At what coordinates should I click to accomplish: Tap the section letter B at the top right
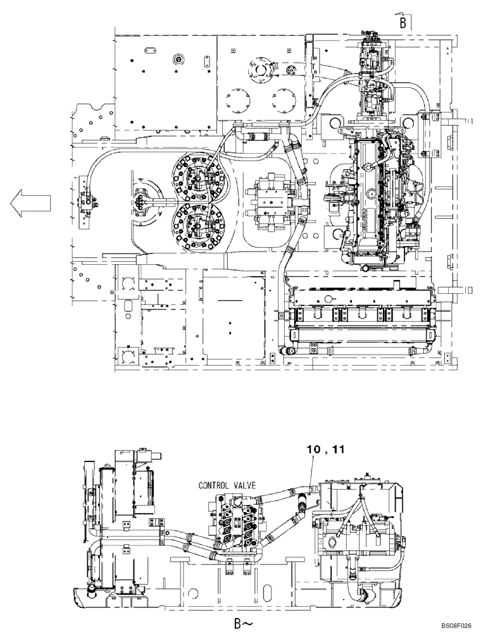[x=402, y=22]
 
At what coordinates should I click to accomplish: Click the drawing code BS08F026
[x=453, y=624]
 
